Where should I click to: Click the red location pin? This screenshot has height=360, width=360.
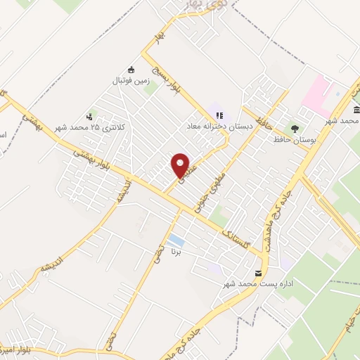click(181, 165)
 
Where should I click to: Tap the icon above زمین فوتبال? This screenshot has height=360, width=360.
click(131, 69)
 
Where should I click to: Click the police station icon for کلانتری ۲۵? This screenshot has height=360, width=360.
click(89, 117)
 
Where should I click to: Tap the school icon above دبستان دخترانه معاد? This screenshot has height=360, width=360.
click(219, 116)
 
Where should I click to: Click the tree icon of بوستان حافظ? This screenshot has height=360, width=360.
click(295, 129)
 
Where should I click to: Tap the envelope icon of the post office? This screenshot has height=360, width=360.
click(258, 273)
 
